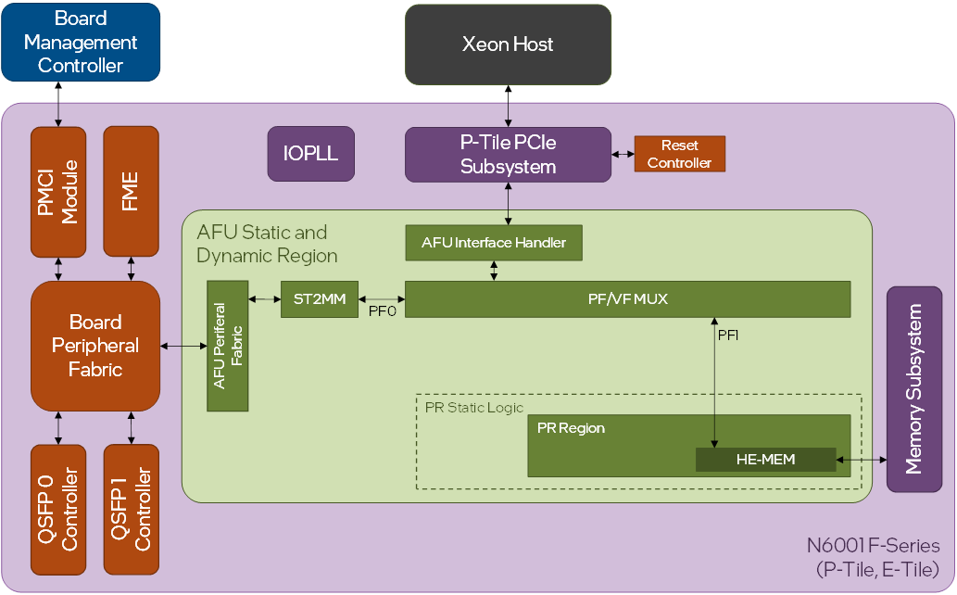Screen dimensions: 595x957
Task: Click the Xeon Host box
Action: [x=508, y=44]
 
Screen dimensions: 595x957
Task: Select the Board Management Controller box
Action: [x=81, y=43]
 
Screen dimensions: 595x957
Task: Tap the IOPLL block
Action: [x=310, y=153]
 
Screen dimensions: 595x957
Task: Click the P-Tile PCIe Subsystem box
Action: [x=508, y=155]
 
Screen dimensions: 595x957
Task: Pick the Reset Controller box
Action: [x=679, y=154]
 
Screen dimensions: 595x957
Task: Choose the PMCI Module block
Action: [x=57, y=192]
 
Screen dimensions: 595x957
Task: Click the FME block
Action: [x=131, y=192]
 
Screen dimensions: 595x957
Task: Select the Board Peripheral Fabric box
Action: [x=95, y=346]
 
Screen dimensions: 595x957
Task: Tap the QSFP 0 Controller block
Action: [x=57, y=509]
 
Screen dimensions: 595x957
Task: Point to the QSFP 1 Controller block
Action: [x=131, y=509]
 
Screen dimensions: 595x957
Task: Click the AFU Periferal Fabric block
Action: [x=227, y=346]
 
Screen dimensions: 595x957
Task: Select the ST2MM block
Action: [x=319, y=299]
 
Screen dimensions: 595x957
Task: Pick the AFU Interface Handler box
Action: [x=494, y=243]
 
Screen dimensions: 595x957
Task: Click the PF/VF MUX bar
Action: [x=627, y=299]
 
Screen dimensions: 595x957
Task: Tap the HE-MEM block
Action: [x=765, y=459]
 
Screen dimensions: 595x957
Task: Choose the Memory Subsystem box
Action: [x=913, y=389]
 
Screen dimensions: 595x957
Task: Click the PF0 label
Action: [x=383, y=312]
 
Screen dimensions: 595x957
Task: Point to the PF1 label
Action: [x=728, y=335]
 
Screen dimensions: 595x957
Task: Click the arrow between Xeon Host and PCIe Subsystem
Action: [x=508, y=106]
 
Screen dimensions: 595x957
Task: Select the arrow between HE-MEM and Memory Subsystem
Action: [x=861, y=459]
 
